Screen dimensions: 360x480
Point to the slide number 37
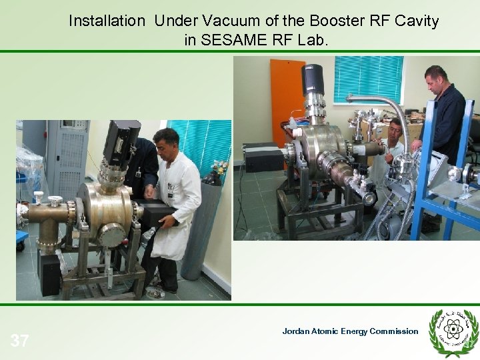(x=19, y=341)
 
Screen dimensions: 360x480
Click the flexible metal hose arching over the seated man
(x=387, y=107)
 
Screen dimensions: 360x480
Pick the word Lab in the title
(x=314, y=40)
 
